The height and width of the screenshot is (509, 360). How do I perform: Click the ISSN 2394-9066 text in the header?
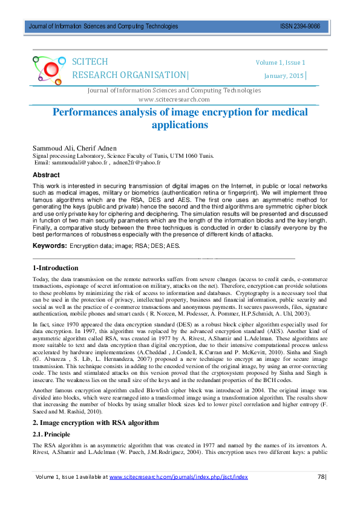tap(300, 27)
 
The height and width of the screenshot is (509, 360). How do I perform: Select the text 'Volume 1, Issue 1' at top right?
tap(280, 63)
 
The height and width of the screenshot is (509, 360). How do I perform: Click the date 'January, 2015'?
tap(284, 76)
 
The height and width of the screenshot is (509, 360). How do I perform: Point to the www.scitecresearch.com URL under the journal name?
tap(174, 99)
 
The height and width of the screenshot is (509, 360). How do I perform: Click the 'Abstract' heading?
tap(46, 175)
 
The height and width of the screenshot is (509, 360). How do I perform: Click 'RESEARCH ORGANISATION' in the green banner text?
tap(129, 75)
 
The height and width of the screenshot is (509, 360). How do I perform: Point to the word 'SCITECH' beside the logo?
tap(90, 62)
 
